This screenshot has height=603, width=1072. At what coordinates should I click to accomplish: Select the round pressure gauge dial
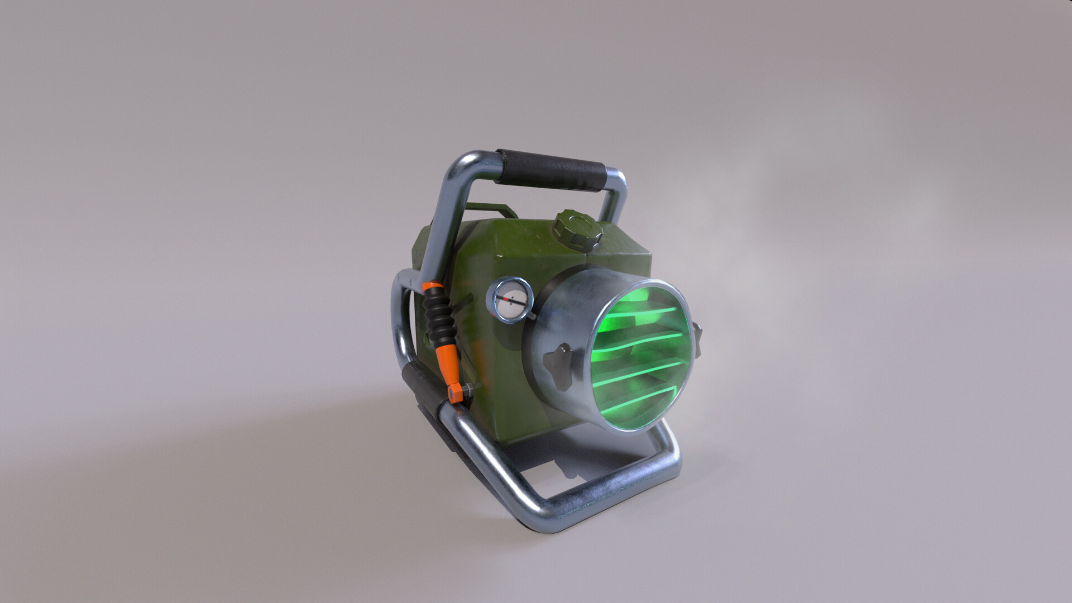coord(510,301)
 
